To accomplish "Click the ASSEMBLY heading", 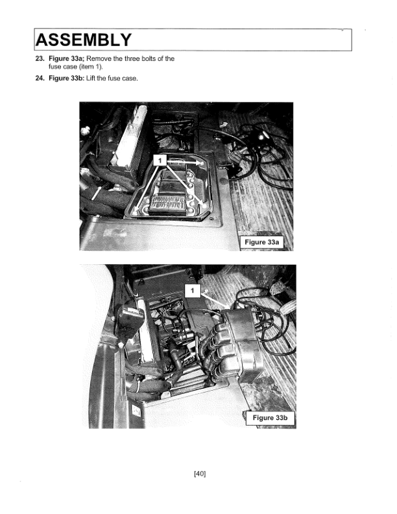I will (x=83, y=40).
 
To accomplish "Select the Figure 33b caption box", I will (x=269, y=417).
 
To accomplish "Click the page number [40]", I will (x=200, y=473).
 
